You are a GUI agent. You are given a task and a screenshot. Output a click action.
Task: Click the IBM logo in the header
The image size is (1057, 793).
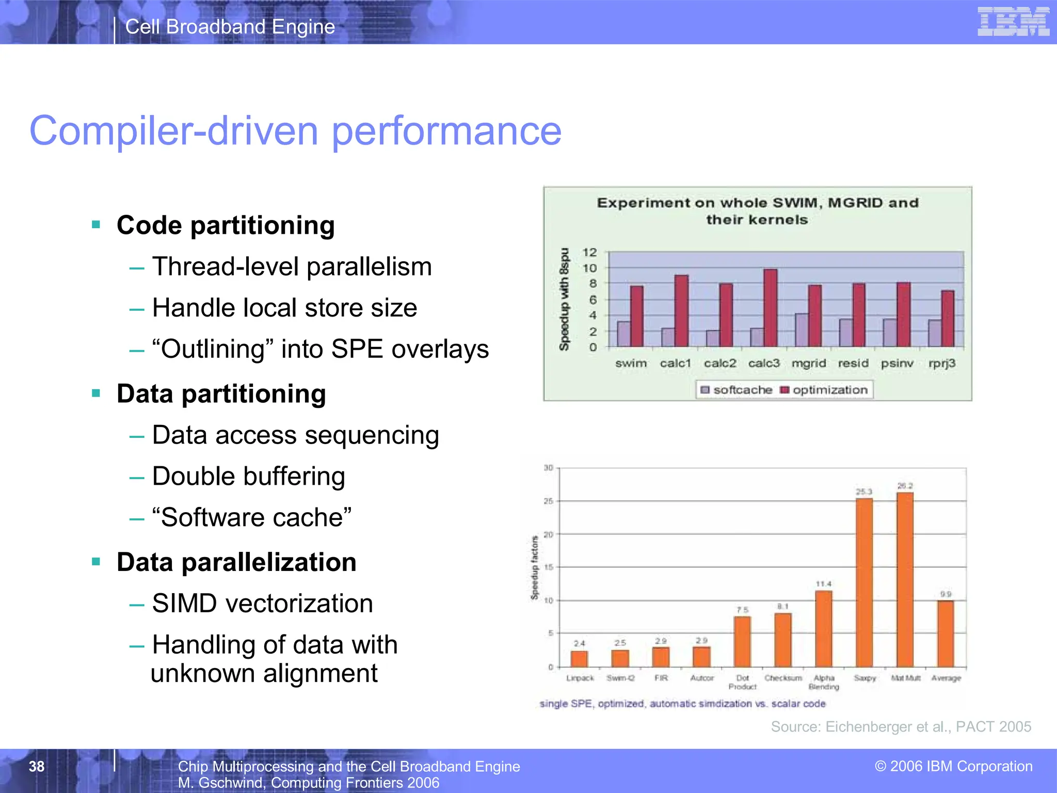[x=1013, y=22]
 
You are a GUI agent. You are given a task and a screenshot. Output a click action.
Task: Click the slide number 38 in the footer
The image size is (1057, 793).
[x=37, y=766]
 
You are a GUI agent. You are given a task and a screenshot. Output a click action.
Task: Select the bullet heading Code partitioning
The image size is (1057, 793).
[x=226, y=226]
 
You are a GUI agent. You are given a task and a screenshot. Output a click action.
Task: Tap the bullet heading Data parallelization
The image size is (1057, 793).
[x=236, y=562]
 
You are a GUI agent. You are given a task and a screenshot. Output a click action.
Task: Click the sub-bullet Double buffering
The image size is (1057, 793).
[x=248, y=476]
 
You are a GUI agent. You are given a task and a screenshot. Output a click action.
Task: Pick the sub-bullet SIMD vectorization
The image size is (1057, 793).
[x=262, y=604]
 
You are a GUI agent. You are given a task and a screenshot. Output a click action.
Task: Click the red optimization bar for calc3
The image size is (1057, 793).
[x=770, y=308]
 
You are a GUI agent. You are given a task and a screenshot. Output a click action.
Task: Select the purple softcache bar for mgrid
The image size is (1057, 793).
[x=802, y=330]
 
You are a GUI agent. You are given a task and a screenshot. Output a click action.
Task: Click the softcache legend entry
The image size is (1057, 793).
[x=736, y=390]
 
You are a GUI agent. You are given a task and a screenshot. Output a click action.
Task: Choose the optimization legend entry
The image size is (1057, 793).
[x=824, y=390]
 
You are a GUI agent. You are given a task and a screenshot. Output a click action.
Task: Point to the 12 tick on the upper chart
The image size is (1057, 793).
[x=589, y=252]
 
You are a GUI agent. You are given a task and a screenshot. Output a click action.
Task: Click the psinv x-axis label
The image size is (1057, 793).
[x=897, y=363]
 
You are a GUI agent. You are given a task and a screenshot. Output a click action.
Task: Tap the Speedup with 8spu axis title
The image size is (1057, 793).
[x=564, y=299]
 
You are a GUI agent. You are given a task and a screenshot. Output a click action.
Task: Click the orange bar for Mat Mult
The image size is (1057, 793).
[x=905, y=579]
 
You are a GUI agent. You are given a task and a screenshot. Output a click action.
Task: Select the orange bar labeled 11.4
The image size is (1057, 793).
[x=824, y=628]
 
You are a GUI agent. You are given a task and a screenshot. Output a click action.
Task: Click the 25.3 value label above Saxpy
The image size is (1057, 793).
[x=864, y=491]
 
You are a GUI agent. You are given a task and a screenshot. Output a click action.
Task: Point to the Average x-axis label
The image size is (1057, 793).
[x=946, y=678]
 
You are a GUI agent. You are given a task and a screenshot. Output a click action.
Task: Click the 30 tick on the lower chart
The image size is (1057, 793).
[x=548, y=468]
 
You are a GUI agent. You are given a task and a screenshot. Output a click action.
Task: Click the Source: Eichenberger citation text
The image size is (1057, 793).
[x=901, y=727]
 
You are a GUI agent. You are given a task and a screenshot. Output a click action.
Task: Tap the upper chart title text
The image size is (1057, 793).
[x=757, y=211]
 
